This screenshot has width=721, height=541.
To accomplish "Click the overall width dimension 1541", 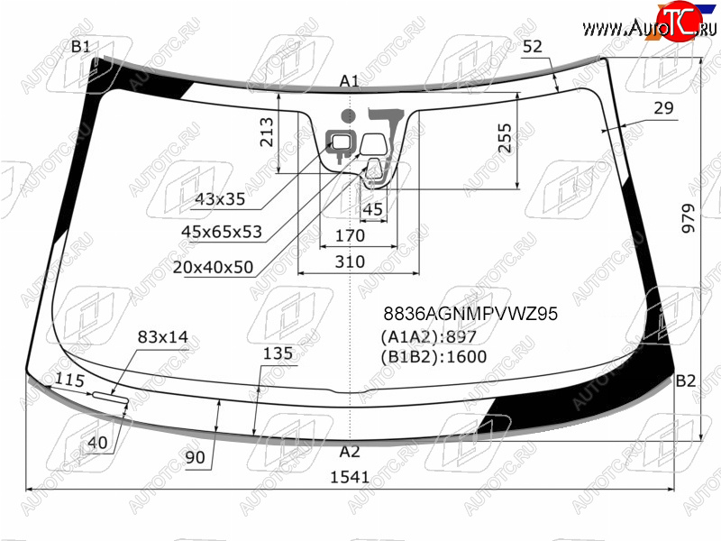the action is [350, 477].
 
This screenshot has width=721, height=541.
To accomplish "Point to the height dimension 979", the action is [688, 218].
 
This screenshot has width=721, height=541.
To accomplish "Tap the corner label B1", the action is [81, 47].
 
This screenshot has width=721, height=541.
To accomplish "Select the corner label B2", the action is [685, 381].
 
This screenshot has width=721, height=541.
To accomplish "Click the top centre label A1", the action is [350, 81].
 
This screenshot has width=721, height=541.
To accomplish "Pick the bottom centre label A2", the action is [350, 452].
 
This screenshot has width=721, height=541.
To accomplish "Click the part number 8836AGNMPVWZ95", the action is [470, 314].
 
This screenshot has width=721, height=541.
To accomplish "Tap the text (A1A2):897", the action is [428, 336].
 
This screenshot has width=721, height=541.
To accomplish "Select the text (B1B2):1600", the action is [434, 356].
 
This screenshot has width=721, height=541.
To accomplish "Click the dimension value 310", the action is [350, 261].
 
